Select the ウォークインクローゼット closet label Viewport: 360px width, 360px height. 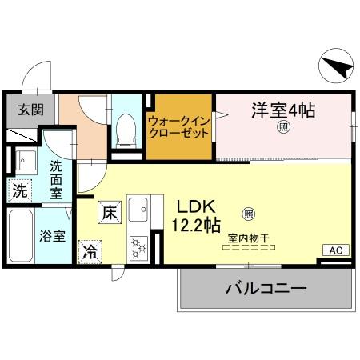pos(179,127)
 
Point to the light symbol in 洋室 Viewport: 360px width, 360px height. pos(282,127)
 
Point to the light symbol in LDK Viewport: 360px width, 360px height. pos(248,214)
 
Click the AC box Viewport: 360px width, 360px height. pos(335,250)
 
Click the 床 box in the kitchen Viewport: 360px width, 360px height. pos(109,213)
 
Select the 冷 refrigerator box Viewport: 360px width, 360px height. pos(91,250)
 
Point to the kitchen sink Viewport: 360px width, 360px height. pos(137,210)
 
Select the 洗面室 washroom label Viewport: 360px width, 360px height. pos(57,180)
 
